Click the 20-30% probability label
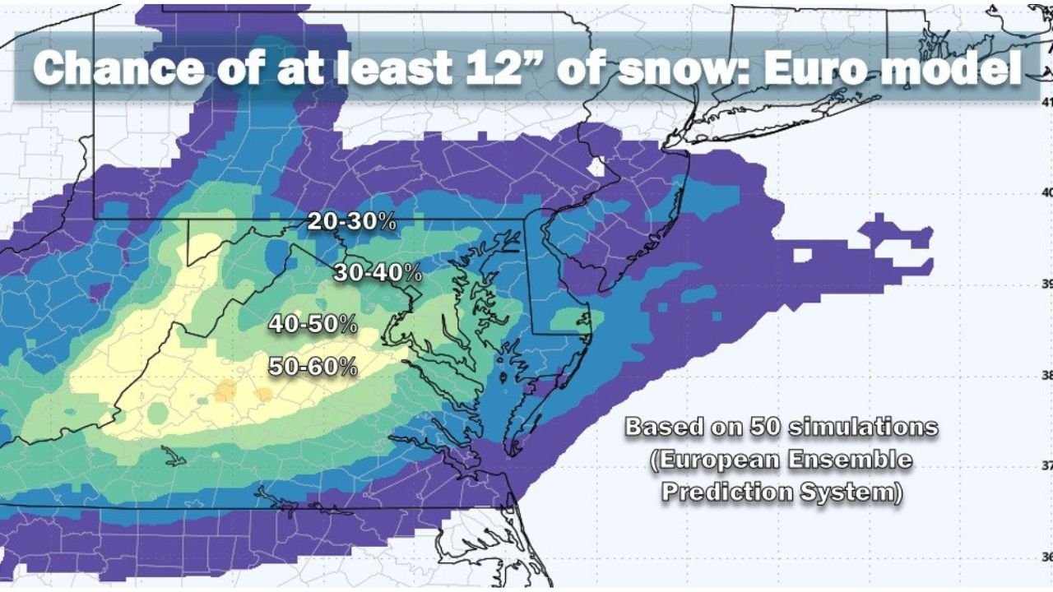coord(352,221)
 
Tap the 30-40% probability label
coord(378,273)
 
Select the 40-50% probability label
coord(313,324)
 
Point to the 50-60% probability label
coord(313,367)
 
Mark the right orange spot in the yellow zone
coord(263,395)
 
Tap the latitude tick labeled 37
coord(1046,465)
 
